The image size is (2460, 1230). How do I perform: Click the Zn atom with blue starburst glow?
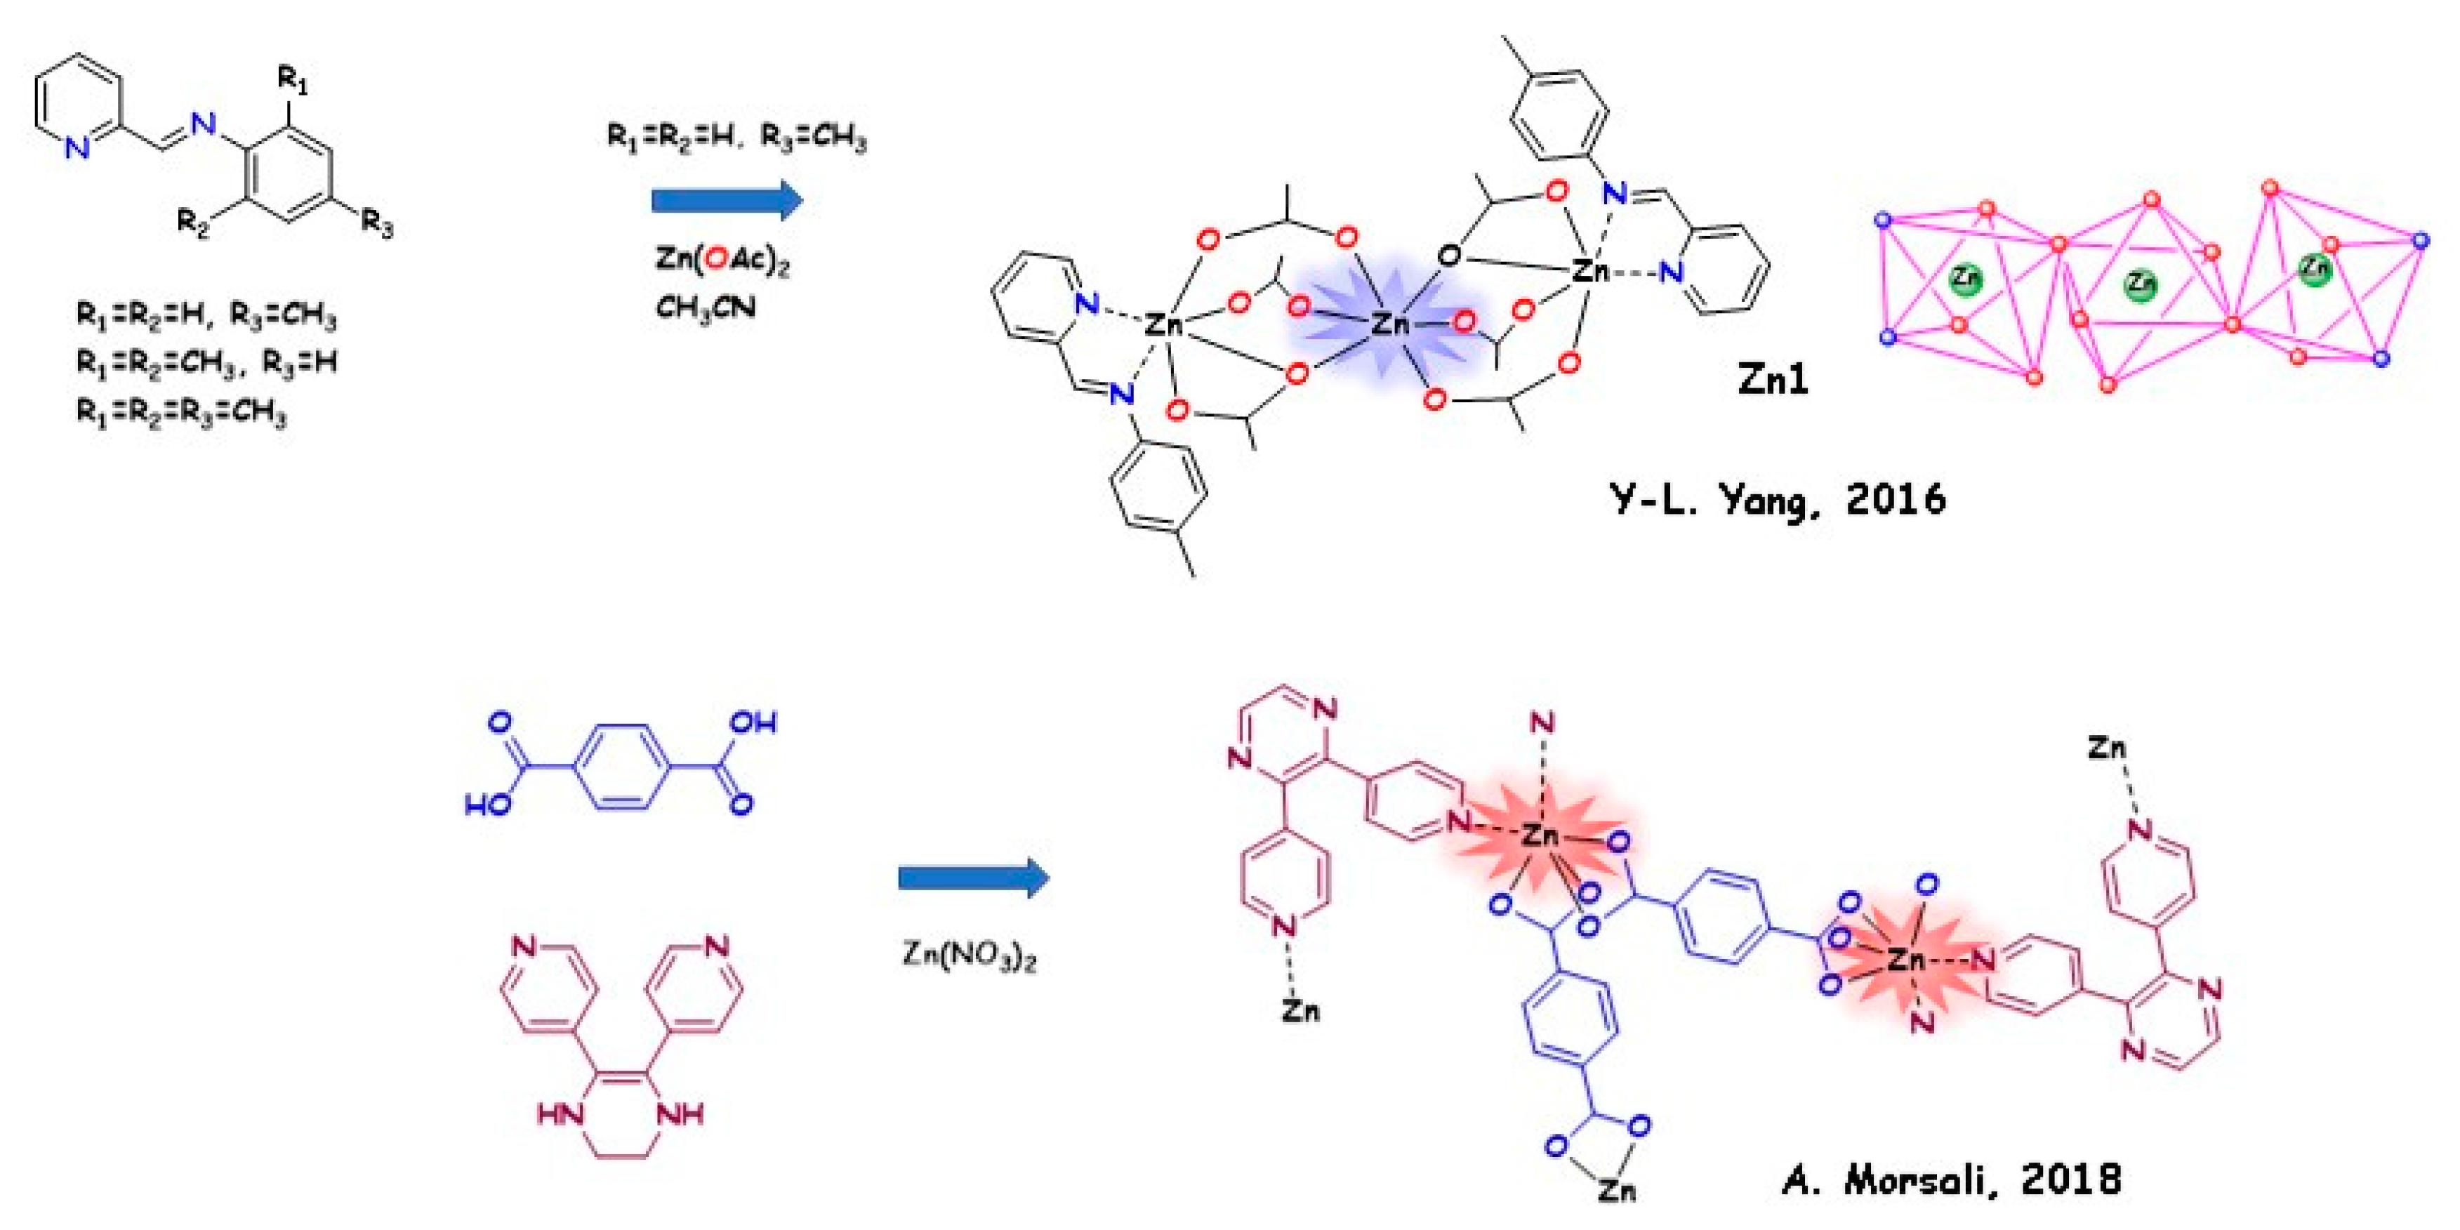(1389, 324)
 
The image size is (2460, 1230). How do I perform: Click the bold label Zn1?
(1773, 380)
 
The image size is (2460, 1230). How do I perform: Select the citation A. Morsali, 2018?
(1951, 1180)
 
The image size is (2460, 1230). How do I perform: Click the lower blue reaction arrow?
(973, 878)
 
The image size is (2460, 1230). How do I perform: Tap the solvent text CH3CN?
(705, 307)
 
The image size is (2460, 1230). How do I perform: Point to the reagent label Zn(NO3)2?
(970, 954)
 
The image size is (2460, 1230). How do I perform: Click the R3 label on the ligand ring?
(376, 225)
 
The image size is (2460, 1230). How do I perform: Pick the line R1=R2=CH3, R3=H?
(206, 363)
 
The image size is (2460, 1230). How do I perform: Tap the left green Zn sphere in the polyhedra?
(1965, 278)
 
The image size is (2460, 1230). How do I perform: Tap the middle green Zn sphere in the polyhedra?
(2140, 284)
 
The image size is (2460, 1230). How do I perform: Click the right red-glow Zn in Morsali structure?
(1906, 959)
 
